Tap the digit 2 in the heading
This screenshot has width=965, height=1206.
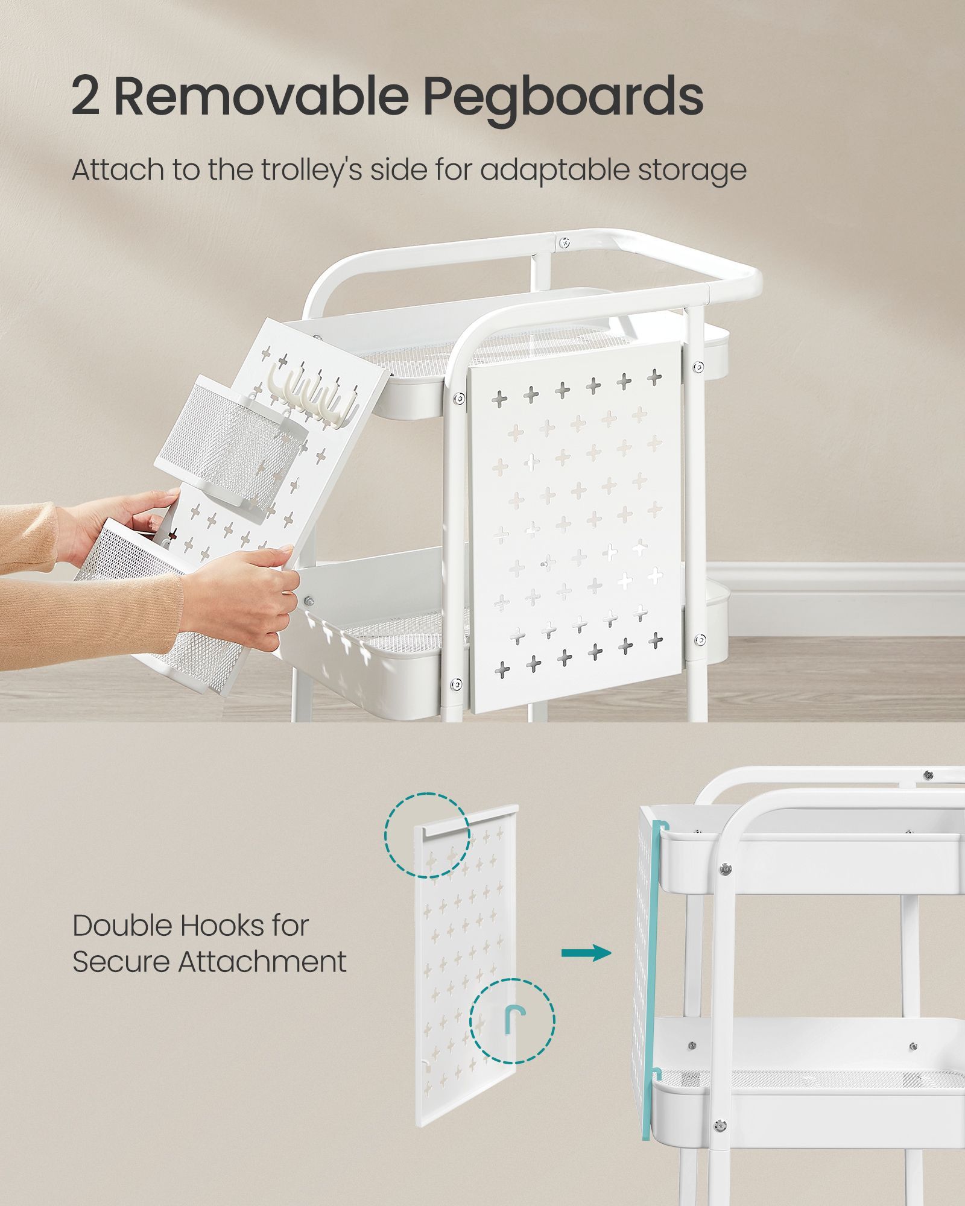point(86,96)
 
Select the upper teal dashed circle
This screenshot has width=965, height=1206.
point(427,835)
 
